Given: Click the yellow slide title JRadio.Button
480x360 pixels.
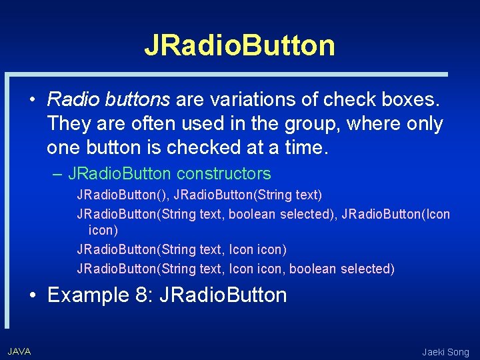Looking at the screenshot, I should point(239,45).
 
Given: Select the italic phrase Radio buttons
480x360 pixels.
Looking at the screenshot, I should point(109,100).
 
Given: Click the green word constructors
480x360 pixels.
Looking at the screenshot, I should point(224,174).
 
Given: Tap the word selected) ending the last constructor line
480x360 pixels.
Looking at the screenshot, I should point(367,269).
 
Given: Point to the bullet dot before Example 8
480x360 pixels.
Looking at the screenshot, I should point(32,295).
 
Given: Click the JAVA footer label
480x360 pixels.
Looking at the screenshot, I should point(19,351).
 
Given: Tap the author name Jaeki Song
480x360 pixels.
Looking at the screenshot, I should point(445,352).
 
